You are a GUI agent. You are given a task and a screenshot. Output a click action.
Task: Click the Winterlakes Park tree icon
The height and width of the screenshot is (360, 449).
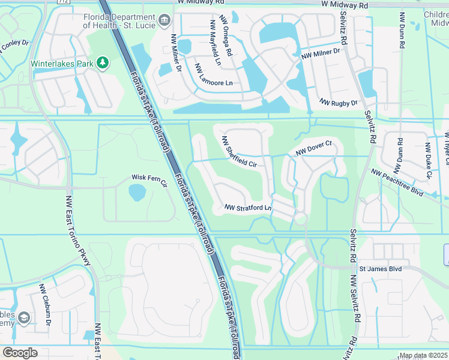(103, 62)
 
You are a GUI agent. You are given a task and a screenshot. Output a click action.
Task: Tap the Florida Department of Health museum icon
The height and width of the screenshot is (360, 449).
(163, 22)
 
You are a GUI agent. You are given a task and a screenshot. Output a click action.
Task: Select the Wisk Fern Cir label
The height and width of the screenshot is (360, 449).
(148, 178)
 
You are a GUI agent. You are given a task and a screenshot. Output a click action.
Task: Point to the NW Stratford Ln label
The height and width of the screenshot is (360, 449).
(248, 208)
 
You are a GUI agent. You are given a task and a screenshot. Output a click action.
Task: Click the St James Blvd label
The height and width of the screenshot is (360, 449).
(381, 269)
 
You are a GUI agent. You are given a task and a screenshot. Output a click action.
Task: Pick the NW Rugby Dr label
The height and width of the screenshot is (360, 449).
(338, 103)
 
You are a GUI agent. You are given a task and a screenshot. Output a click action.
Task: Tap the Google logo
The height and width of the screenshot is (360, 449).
(20, 353)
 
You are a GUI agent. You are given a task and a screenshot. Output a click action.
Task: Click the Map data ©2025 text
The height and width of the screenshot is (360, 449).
(423, 356)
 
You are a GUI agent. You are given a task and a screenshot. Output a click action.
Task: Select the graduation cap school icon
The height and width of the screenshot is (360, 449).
(24, 317)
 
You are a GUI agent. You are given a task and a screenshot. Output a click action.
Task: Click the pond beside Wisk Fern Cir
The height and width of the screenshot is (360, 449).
(137, 193)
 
